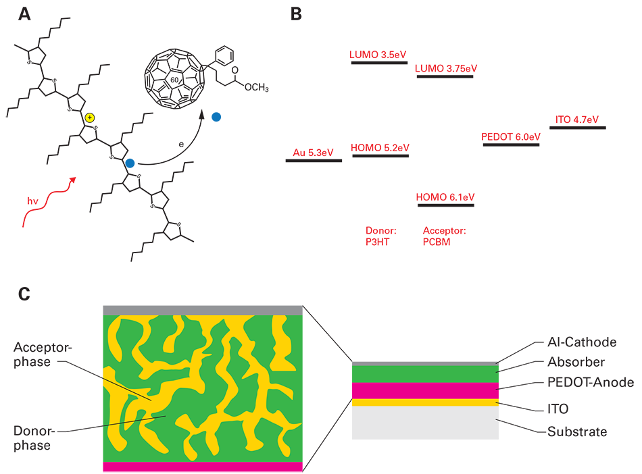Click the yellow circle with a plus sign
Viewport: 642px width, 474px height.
pos(89,117)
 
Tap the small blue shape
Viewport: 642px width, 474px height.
pos(131,162)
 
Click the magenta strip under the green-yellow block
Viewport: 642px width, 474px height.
pos(186,467)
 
